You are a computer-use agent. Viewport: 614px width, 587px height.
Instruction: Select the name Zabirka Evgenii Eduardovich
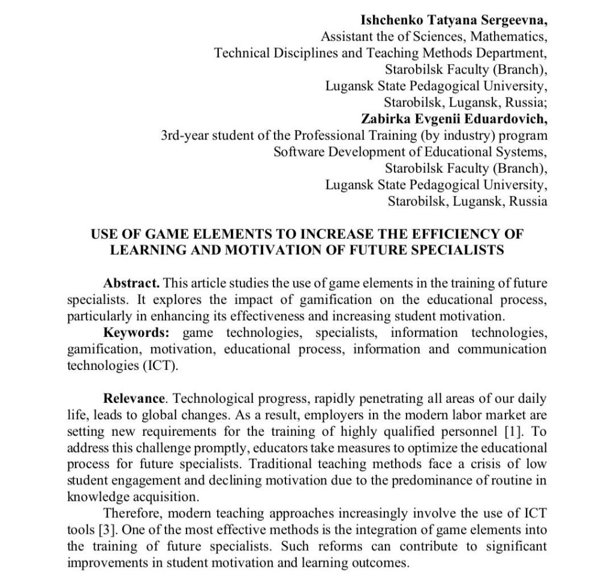coord(455,118)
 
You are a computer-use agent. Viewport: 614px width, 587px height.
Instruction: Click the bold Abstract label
coord(131,282)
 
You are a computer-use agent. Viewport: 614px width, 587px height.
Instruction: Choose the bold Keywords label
coord(136,332)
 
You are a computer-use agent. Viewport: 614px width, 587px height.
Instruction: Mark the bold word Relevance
coord(134,398)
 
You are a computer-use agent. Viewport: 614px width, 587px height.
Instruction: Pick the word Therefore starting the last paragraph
coord(133,514)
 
